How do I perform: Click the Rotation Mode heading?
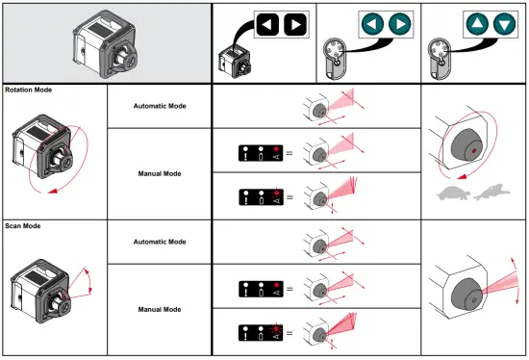coord(29,90)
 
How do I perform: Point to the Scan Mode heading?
coord(24,225)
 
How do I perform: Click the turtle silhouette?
coord(455,193)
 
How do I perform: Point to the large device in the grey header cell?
coord(105,43)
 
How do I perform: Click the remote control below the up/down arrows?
coord(443,59)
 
